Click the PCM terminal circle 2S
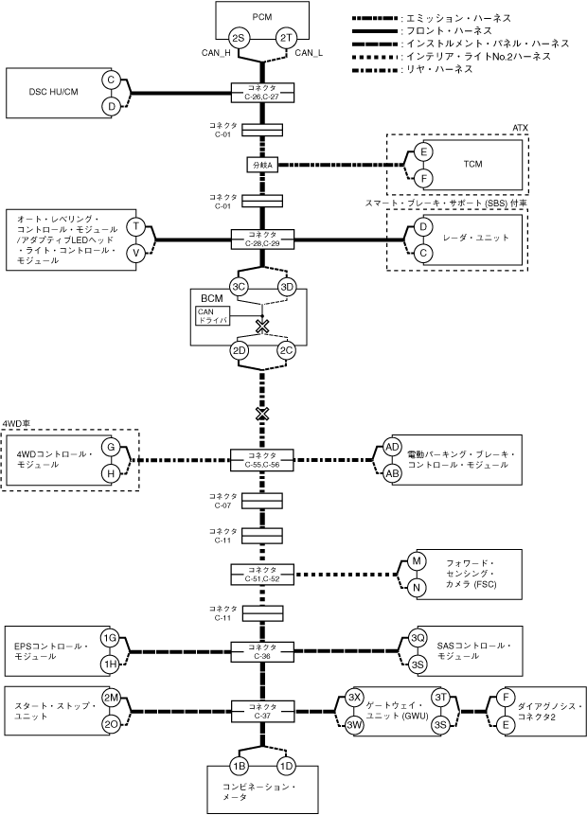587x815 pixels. point(239,39)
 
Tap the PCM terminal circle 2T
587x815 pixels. point(285,39)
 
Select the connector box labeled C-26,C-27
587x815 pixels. point(262,93)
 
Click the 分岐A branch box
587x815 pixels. point(262,165)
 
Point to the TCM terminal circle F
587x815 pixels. point(424,179)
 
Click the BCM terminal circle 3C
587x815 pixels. point(240,287)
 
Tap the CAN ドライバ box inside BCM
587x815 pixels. point(213,316)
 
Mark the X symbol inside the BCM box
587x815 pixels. point(262,326)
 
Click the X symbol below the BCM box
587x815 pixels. point(262,414)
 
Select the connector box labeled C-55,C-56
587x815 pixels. point(262,460)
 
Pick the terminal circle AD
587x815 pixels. point(393,447)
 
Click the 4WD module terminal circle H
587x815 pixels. point(111,473)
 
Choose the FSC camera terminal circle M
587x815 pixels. point(417,561)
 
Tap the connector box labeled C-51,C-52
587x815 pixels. point(262,575)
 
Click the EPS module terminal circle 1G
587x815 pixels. point(110,638)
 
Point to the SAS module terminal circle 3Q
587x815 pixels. point(418,638)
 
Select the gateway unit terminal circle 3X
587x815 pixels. point(353,698)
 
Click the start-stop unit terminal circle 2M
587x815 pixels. point(111,698)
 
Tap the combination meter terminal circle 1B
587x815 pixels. point(240,766)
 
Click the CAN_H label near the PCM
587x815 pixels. point(216,52)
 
